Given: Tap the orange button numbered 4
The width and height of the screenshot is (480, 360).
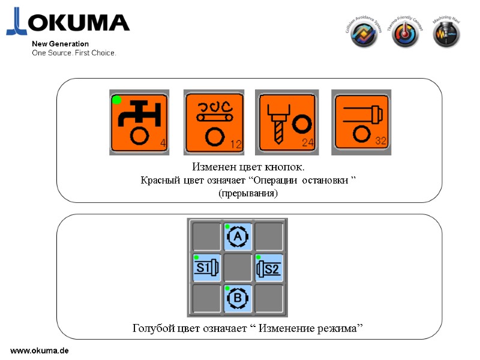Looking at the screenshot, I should point(139,122).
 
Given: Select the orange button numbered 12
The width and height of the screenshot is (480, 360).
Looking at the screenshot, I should point(213,122).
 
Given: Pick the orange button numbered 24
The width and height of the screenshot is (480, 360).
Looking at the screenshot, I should point(286,122).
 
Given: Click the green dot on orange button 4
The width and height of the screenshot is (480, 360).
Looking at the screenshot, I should point(117,100).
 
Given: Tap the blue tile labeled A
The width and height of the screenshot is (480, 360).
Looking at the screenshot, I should point(238,236).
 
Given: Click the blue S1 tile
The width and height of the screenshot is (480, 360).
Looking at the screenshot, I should point(206,268).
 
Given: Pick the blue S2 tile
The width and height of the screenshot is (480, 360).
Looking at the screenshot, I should point(269,268).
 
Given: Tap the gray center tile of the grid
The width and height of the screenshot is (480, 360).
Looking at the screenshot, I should point(238,268).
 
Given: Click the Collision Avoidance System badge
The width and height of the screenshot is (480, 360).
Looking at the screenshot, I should point(365,35).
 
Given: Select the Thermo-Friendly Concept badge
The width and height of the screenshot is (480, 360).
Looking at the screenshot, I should point(405,35).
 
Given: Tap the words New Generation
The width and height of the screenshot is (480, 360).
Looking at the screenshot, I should point(60,44).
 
